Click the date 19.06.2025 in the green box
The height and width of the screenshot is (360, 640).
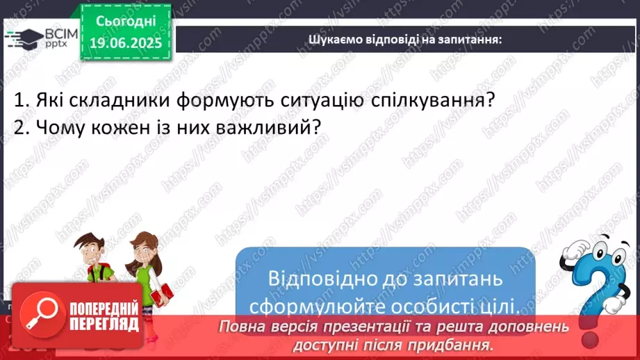126,43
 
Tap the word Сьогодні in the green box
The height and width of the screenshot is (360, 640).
126,22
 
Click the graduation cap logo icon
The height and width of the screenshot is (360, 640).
24,39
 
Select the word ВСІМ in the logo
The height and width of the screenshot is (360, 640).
61,34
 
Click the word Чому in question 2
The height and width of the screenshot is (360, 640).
60,127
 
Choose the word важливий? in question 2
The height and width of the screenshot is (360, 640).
268,127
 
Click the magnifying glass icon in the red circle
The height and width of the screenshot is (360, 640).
42,314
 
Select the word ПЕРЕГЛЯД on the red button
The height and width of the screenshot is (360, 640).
104,325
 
